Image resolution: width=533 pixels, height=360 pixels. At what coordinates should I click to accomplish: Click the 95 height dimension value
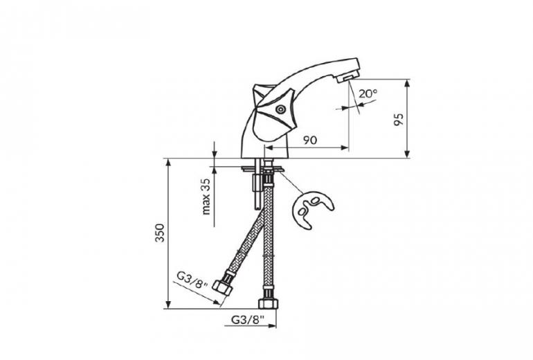tap(399, 119)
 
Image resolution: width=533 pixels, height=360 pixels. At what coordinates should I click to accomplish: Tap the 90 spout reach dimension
tap(310, 140)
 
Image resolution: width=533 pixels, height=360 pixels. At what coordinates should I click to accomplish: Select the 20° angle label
tap(368, 93)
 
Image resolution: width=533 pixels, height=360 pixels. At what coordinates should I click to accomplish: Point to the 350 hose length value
tap(159, 233)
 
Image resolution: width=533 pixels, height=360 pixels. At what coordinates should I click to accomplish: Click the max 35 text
tap(206, 197)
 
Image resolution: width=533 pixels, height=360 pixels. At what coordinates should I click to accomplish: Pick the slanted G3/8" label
tap(192, 280)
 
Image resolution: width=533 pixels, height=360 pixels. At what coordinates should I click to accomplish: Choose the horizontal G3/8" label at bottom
tap(248, 320)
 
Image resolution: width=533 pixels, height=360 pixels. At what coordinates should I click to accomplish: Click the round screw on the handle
tap(280, 109)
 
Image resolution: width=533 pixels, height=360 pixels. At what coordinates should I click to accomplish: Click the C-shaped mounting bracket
tap(311, 209)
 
